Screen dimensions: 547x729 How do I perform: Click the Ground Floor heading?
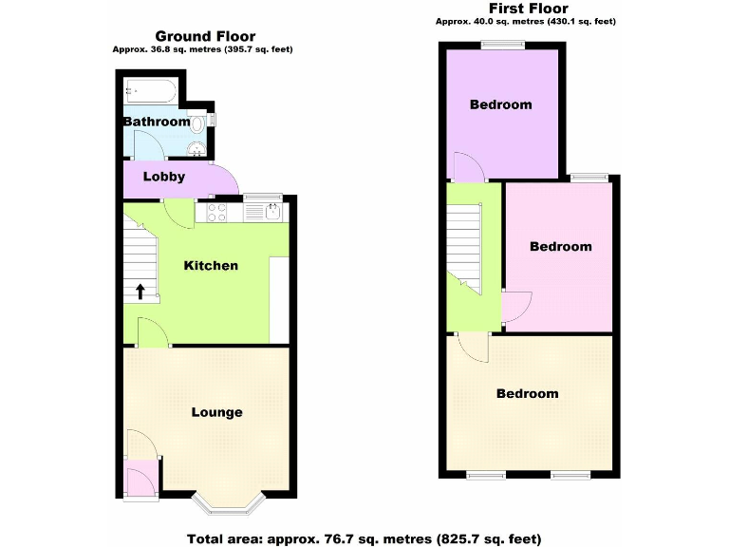click(x=205, y=36)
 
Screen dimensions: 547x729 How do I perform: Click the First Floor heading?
click(x=528, y=9)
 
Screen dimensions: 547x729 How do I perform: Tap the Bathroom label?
click(x=156, y=122)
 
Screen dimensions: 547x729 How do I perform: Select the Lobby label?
click(x=163, y=177)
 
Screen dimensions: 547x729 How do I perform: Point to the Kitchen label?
click(x=211, y=265)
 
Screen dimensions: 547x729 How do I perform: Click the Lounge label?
click(x=216, y=412)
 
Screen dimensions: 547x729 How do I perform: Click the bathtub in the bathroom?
click(x=151, y=92)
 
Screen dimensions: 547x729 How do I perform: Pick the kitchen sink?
click(x=272, y=212)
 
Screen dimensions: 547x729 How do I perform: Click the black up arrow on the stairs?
click(x=140, y=291)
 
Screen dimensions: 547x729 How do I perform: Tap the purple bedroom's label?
click(x=501, y=104)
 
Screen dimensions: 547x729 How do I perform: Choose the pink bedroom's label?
click(x=560, y=247)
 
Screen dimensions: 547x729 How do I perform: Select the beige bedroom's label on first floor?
click(x=527, y=394)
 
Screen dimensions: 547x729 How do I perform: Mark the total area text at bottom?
click(x=364, y=538)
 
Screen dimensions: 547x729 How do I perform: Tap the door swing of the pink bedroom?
click(x=516, y=306)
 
